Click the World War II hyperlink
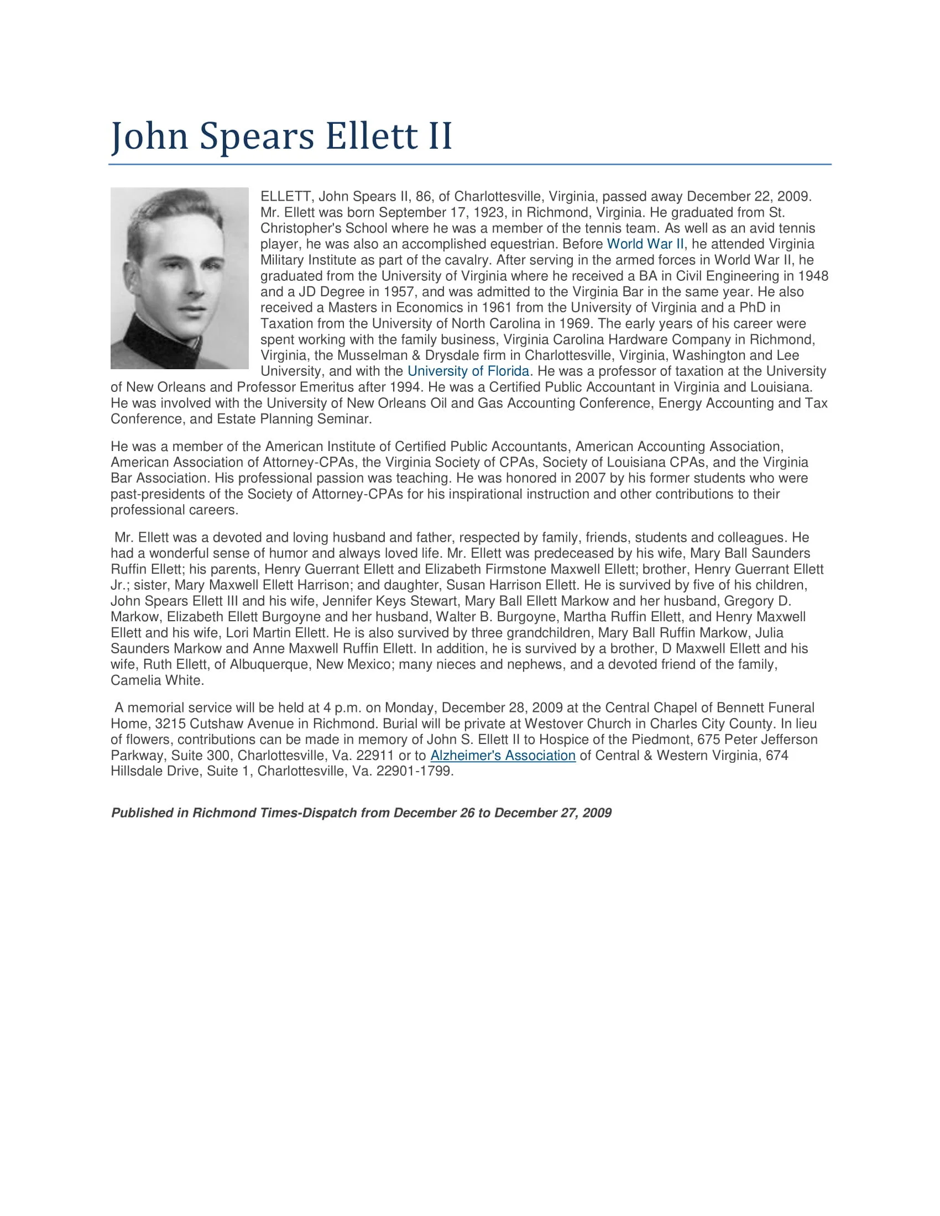click(x=645, y=244)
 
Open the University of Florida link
click(x=468, y=371)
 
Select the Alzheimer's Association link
click(x=502, y=755)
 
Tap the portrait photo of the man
click(x=179, y=278)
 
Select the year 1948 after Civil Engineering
click(x=813, y=276)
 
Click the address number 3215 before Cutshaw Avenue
click(x=170, y=724)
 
